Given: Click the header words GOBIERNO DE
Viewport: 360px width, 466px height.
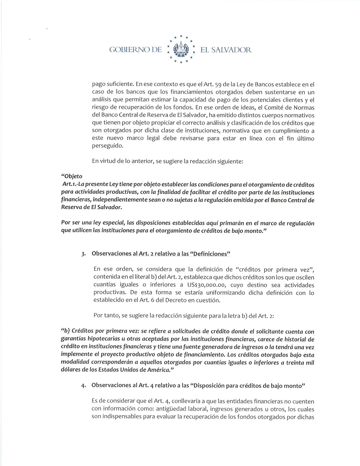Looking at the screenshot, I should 136,50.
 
